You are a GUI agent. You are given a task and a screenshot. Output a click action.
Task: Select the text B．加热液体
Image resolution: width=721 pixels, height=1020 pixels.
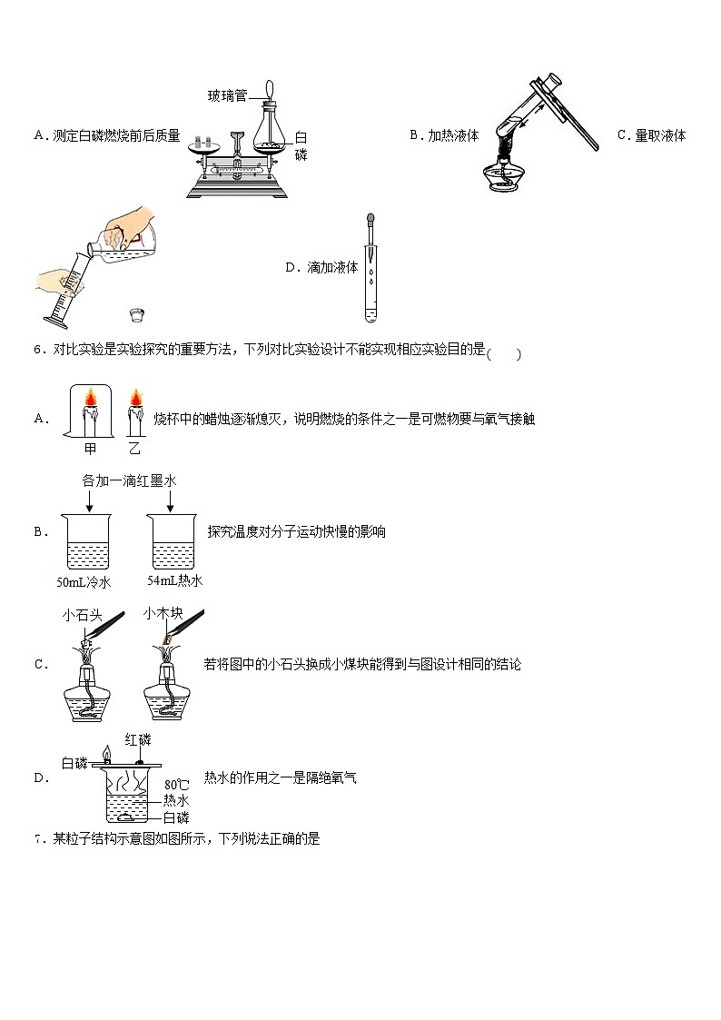[x=444, y=135]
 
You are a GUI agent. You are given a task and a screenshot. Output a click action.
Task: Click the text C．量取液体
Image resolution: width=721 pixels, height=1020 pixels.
[x=651, y=135]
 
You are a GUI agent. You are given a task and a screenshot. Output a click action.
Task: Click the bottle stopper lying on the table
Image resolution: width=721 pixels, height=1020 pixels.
[x=137, y=316]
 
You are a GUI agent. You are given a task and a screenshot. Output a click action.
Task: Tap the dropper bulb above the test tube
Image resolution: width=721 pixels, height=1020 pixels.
[x=370, y=220]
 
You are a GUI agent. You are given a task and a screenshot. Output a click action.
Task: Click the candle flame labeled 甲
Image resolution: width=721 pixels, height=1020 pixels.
[x=91, y=399]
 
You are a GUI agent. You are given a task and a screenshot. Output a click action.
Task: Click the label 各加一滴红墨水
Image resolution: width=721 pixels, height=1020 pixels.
[x=129, y=480]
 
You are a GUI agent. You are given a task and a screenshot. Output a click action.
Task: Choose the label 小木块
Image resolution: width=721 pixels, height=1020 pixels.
[x=163, y=614]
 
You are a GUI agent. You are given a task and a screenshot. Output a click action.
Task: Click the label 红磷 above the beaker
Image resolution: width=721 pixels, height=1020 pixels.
[x=137, y=741]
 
